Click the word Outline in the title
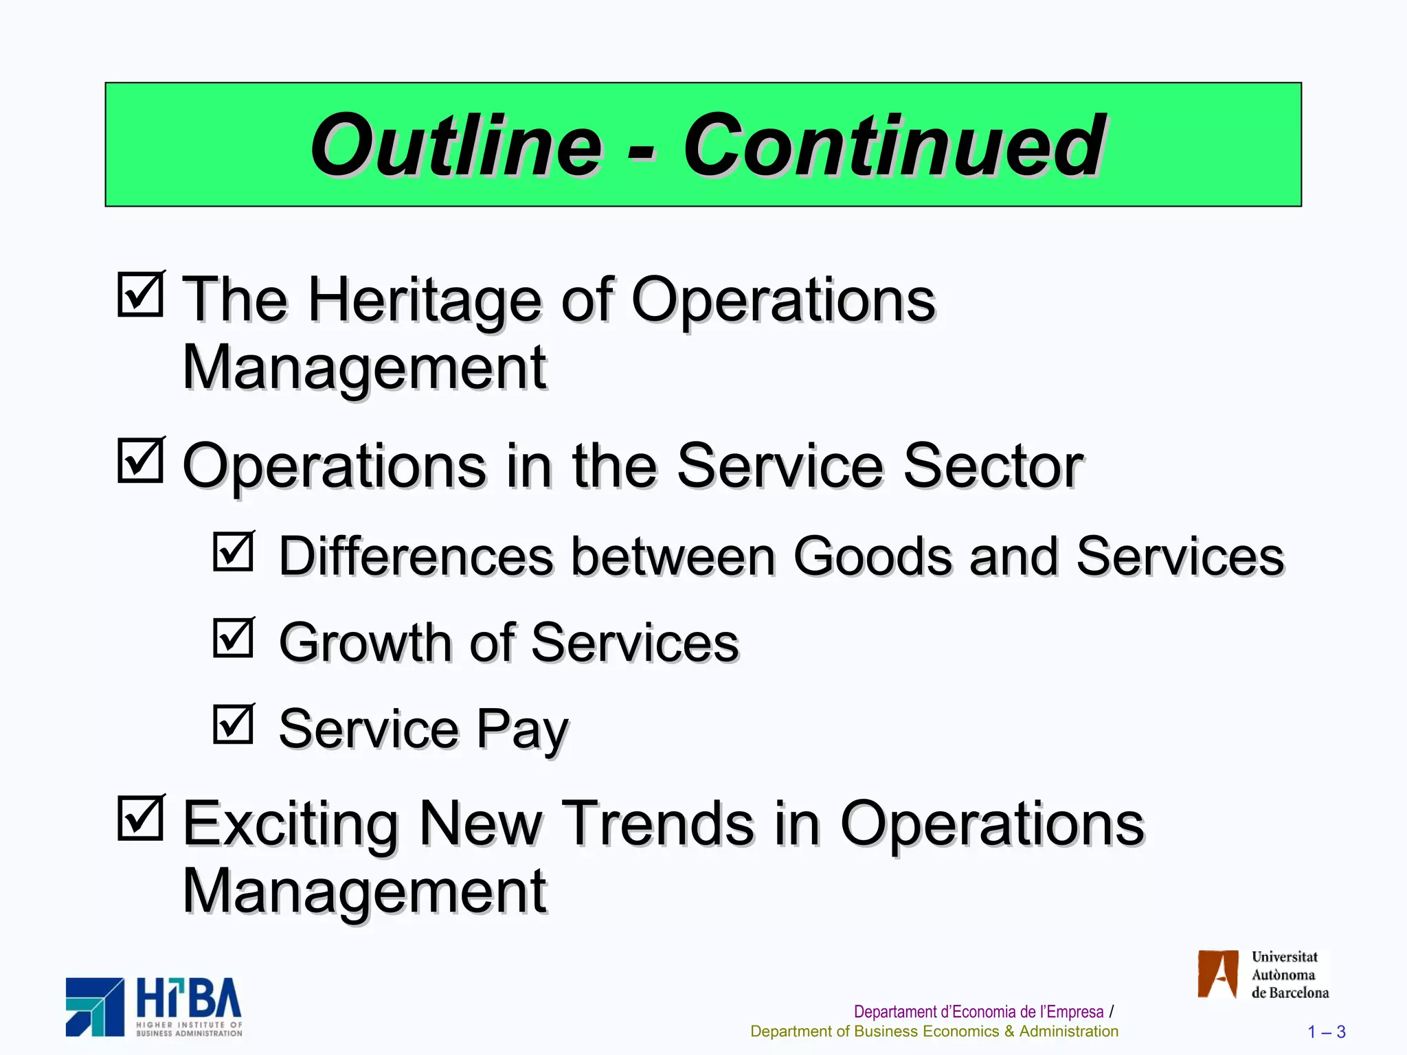pos(456,146)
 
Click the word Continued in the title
pos(894,146)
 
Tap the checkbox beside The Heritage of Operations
pos(141,294)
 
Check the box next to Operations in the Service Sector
pos(141,460)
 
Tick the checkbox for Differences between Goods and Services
pos(234,551)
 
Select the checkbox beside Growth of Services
pos(234,637)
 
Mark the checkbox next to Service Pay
pos(234,724)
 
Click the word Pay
pos(522,729)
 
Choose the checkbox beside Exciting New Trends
pos(141,817)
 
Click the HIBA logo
pos(155,1007)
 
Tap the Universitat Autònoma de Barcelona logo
pos(1263,974)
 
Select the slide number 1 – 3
pos(1326,1032)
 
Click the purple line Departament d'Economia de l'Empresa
pos(978,1012)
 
